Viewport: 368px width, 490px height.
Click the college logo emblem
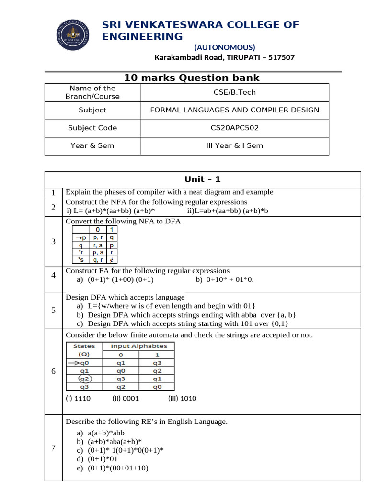coord(72,37)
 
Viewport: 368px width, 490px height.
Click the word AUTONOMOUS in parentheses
coord(225,47)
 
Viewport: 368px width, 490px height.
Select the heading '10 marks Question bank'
coord(192,78)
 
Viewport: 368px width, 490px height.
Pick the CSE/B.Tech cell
coord(234,92)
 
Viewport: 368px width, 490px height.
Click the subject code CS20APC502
coord(234,128)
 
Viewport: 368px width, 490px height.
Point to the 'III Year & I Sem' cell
coord(234,145)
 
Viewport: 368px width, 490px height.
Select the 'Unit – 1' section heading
coord(203,179)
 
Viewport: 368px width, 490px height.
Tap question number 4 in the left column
coord(54,275)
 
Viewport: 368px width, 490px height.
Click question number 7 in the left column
coord(54,448)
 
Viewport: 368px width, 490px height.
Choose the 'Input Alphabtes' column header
coord(139,346)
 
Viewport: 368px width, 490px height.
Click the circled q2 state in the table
coord(84,379)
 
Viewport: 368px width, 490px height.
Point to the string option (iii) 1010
coord(182,398)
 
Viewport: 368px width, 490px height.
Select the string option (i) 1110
coord(78,398)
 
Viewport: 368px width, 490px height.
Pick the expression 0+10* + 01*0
coord(230,279)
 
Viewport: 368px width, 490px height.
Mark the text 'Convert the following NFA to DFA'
coord(123,221)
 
